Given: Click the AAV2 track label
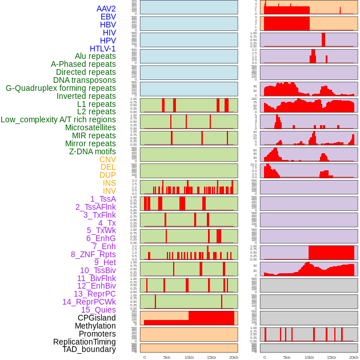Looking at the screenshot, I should click(x=106, y=9).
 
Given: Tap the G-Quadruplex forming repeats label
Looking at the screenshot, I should click(x=61, y=89).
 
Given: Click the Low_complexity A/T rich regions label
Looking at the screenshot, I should click(x=58, y=119).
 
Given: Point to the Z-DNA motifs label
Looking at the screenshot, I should click(x=92, y=151).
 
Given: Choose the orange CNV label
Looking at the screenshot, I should click(x=107, y=159).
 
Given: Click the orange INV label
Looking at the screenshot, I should click(x=109, y=191).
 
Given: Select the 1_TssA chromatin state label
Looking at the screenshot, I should click(x=103, y=199).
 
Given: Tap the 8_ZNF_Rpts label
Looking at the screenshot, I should click(x=93, y=254).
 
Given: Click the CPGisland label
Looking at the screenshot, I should click(x=97, y=318).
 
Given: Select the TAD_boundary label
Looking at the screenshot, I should click(x=89, y=349).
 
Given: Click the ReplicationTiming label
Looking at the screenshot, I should click(x=84, y=342).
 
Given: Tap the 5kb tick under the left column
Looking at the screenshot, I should click(x=167, y=357).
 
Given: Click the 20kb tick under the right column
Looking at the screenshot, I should click(x=354, y=357).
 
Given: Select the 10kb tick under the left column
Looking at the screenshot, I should click(x=189, y=357).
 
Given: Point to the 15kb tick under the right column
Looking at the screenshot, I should click(x=331, y=357).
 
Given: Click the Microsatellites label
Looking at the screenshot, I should click(x=90, y=127).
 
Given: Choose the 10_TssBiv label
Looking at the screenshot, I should click(x=98, y=270).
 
